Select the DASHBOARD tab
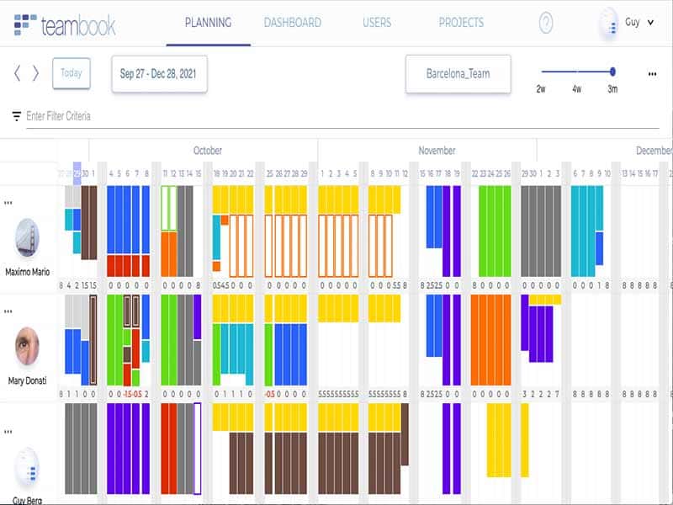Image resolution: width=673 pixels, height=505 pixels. [x=292, y=23]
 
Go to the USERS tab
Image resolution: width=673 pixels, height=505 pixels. [x=377, y=23]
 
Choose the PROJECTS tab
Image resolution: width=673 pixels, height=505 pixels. [x=461, y=23]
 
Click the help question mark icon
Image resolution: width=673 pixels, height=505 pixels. [x=546, y=24]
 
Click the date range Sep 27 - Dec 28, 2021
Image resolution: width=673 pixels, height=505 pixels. [x=159, y=73]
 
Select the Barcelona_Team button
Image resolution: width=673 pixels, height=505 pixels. [x=458, y=73]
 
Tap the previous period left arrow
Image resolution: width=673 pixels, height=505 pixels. [x=18, y=73]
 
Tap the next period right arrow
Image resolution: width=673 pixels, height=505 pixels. [x=35, y=73]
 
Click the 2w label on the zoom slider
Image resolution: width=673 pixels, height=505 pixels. [x=541, y=88]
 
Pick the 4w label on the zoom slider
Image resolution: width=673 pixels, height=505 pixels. [x=576, y=88]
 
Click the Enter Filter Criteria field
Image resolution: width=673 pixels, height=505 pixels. [x=59, y=116]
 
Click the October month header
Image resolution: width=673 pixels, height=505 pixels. [x=208, y=151]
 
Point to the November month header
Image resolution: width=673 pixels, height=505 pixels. [x=437, y=151]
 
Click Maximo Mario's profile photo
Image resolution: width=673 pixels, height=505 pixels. [x=27, y=238]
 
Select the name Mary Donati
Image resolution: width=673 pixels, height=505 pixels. [x=26, y=380]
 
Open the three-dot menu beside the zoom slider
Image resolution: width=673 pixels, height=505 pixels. [x=652, y=74]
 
